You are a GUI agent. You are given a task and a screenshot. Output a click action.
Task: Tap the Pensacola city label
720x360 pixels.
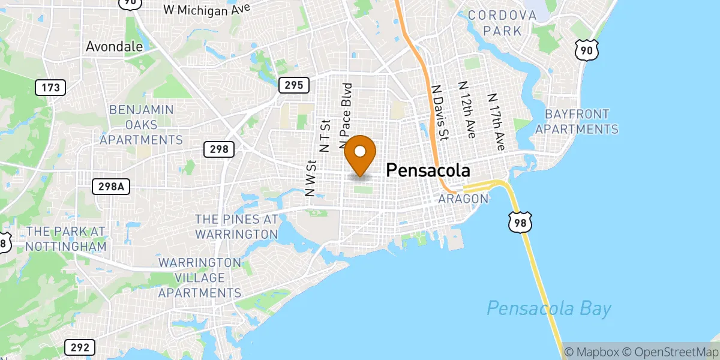click(427, 170)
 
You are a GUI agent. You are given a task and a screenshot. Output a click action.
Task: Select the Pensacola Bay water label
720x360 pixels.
click(548, 309)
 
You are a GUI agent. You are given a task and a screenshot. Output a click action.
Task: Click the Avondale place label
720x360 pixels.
click(114, 46)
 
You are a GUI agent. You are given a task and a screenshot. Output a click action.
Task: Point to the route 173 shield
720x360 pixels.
click(50, 88)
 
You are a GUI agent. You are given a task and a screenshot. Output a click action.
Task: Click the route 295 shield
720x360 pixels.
click(293, 85)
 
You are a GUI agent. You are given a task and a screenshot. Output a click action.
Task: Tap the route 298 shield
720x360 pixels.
click(218, 149)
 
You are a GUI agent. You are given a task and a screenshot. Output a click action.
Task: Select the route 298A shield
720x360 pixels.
click(111, 187)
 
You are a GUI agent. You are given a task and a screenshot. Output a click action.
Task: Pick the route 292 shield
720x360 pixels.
click(79, 347)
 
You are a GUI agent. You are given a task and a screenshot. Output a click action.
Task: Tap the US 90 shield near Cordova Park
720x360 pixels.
click(586, 51)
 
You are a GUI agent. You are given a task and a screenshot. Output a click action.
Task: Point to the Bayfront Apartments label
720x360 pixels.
click(577, 121)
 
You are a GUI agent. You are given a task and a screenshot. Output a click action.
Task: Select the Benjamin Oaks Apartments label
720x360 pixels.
click(141, 125)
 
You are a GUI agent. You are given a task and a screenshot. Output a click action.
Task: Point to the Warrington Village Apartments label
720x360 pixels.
click(199, 278)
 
